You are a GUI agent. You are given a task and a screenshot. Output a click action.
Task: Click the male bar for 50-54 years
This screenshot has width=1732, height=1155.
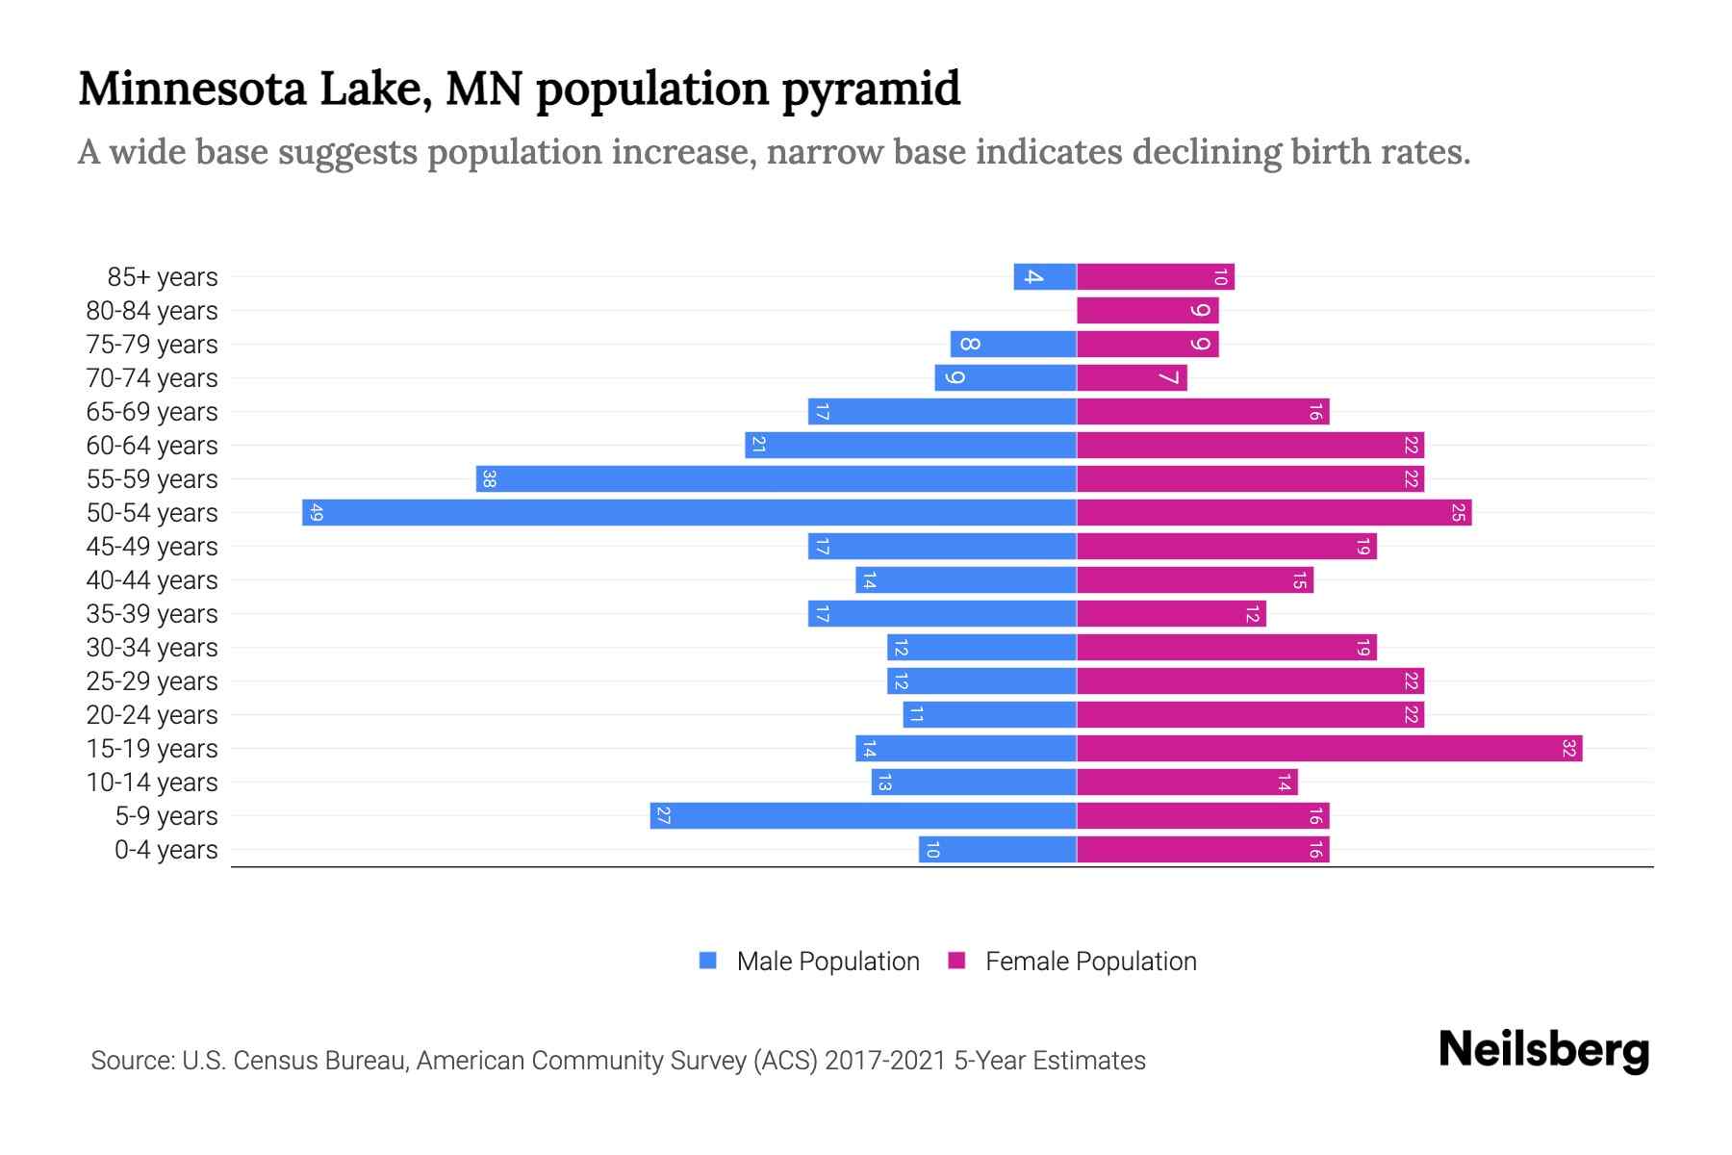click(689, 512)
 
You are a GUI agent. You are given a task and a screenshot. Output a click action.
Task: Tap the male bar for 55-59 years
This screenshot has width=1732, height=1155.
click(776, 478)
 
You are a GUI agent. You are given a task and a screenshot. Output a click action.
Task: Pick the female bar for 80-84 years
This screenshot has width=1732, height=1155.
click(1147, 310)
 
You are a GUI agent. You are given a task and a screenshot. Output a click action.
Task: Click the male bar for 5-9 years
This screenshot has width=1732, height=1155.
click(862, 815)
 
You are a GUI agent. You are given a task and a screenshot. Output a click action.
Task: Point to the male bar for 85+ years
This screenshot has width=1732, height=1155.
click(1045, 276)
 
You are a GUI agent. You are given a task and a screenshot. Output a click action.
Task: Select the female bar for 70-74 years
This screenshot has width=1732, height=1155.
click(1132, 377)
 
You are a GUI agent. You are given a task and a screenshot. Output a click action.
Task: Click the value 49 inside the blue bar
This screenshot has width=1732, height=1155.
click(317, 513)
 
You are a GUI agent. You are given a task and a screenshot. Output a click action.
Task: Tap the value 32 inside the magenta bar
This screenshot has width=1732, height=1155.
click(1568, 748)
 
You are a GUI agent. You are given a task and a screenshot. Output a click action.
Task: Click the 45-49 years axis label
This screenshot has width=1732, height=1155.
click(152, 547)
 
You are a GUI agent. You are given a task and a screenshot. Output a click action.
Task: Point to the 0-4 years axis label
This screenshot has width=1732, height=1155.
click(166, 850)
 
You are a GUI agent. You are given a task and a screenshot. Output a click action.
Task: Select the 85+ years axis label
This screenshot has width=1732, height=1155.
click(162, 277)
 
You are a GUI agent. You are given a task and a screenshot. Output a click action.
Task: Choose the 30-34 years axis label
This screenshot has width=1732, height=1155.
click(152, 648)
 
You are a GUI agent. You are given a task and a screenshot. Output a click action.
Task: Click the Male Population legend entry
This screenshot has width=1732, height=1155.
click(828, 961)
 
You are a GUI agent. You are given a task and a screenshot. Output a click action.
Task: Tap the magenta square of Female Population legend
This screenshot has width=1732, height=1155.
click(956, 961)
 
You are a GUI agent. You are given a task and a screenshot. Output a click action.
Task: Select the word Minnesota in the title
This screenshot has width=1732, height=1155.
click(191, 89)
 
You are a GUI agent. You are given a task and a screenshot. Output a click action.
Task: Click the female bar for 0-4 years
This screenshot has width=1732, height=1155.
click(1203, 849)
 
